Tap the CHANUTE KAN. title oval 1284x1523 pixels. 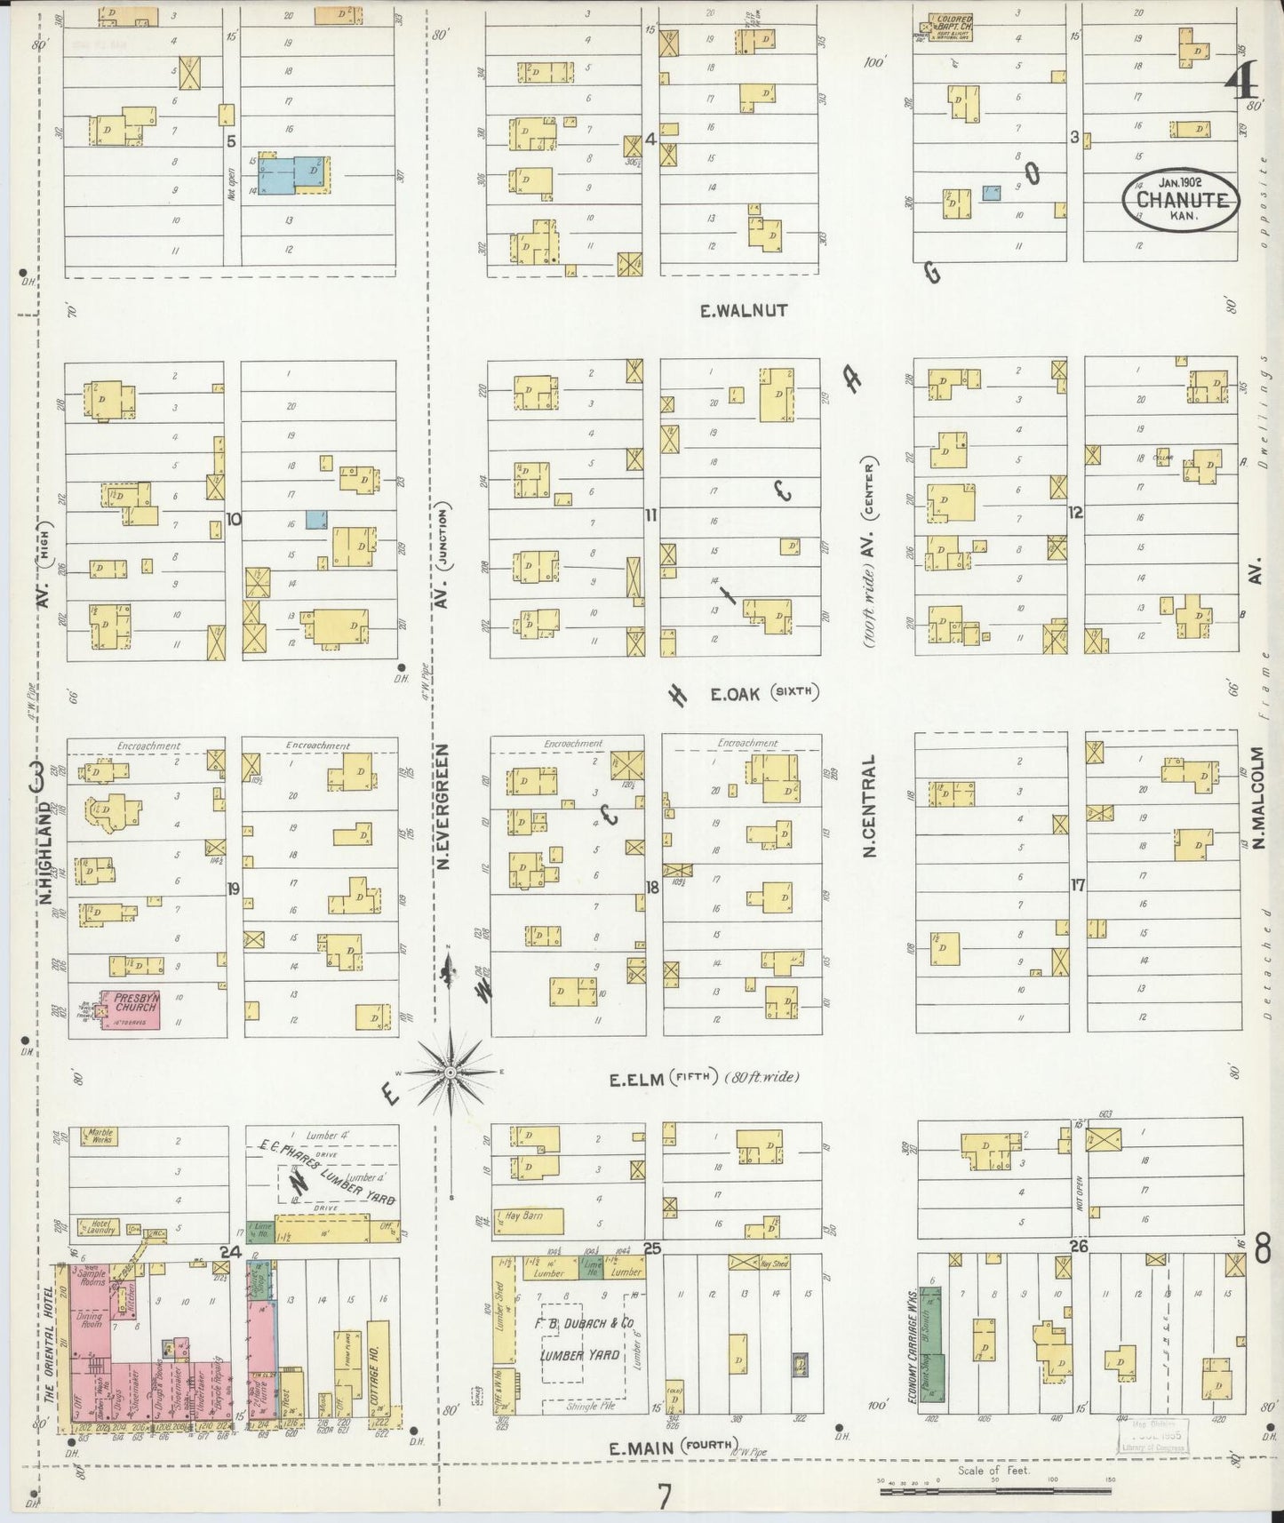coord(1180,201)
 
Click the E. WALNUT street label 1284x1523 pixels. coord(743,311)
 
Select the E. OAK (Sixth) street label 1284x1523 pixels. coord(762,693)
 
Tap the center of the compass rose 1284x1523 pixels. coord(451,1073)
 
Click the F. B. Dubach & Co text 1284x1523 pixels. coord(584,1323)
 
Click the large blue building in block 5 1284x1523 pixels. coord(295,173)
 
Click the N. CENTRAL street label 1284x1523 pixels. coord(868,805)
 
